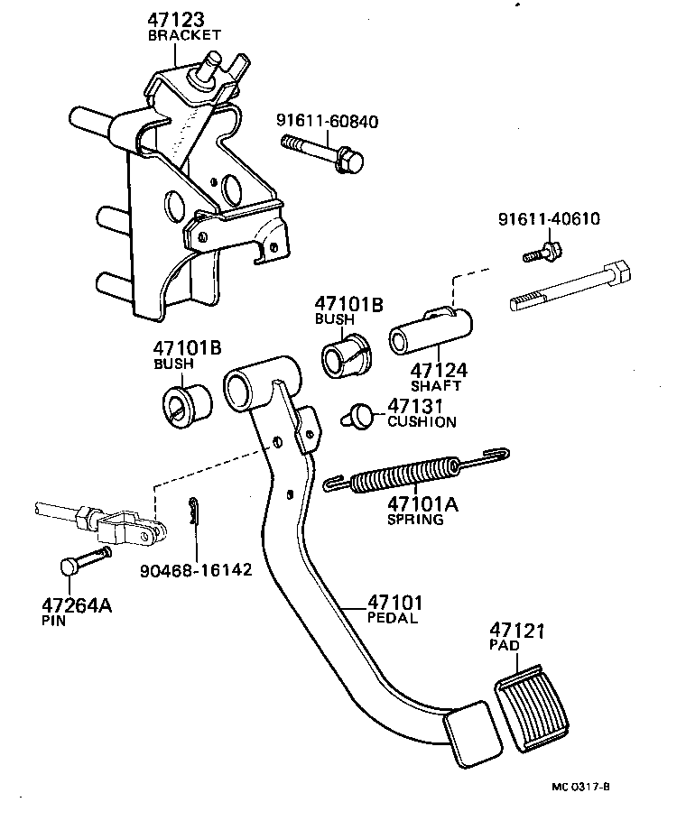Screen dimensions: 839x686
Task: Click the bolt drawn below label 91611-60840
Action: point(324,152)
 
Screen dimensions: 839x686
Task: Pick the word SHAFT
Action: point(436,385)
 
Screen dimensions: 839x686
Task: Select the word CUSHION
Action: point(422,421)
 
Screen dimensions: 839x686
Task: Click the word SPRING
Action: point(415,520)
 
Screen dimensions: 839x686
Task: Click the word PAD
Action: point(503,647)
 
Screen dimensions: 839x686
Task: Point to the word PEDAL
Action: point(393,618)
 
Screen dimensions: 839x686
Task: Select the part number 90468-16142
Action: point(196,571)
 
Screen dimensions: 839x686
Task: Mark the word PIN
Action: point(53,621)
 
